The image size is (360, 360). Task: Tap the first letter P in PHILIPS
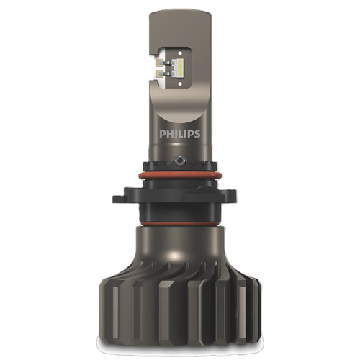(162, 135)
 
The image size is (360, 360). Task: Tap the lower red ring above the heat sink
(179, 222)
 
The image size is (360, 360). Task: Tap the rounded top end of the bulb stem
(179, 16)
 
